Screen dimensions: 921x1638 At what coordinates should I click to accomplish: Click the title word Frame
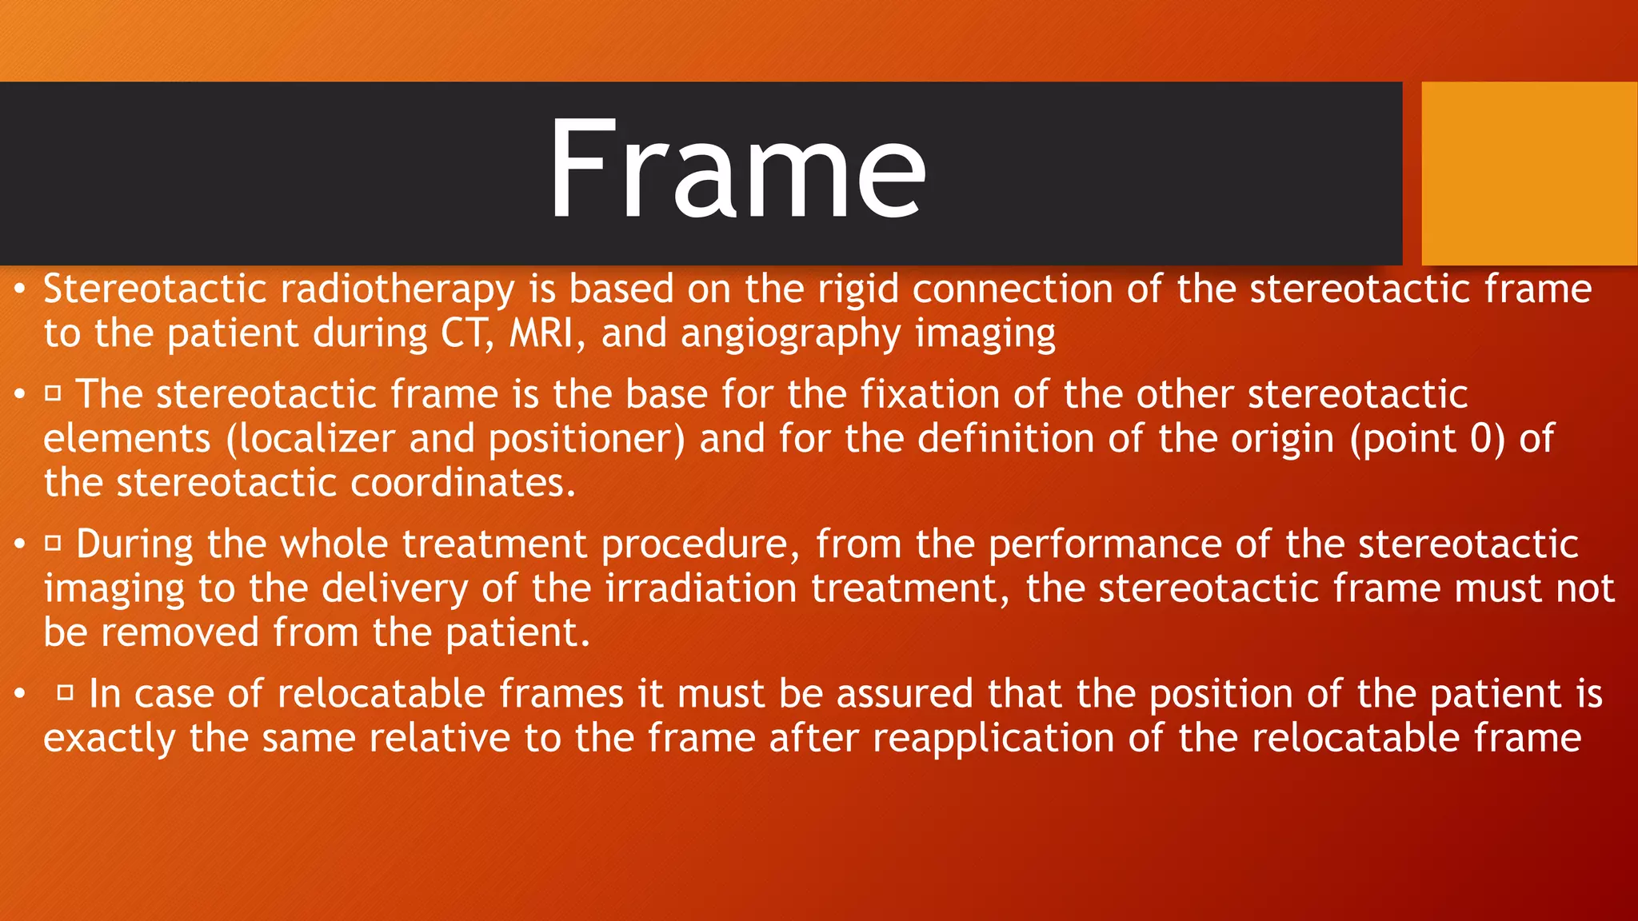(x=737, y=169)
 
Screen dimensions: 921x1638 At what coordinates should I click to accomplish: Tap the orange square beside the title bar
(x=1528, y=173)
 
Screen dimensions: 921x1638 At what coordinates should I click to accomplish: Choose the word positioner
(x=586, y=440)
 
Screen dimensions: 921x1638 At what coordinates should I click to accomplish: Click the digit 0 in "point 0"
(x=1481, y=439)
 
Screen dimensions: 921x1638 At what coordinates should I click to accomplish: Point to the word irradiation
(x=701, y=588)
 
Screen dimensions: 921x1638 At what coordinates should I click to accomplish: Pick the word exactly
(x=110, y=739)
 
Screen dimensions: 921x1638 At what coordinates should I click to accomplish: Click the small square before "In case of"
(x=66, y=692)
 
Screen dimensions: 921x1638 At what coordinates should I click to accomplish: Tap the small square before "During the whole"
(x=53, y=543)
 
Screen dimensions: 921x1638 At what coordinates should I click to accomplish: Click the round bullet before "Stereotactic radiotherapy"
(x=20, y=289)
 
